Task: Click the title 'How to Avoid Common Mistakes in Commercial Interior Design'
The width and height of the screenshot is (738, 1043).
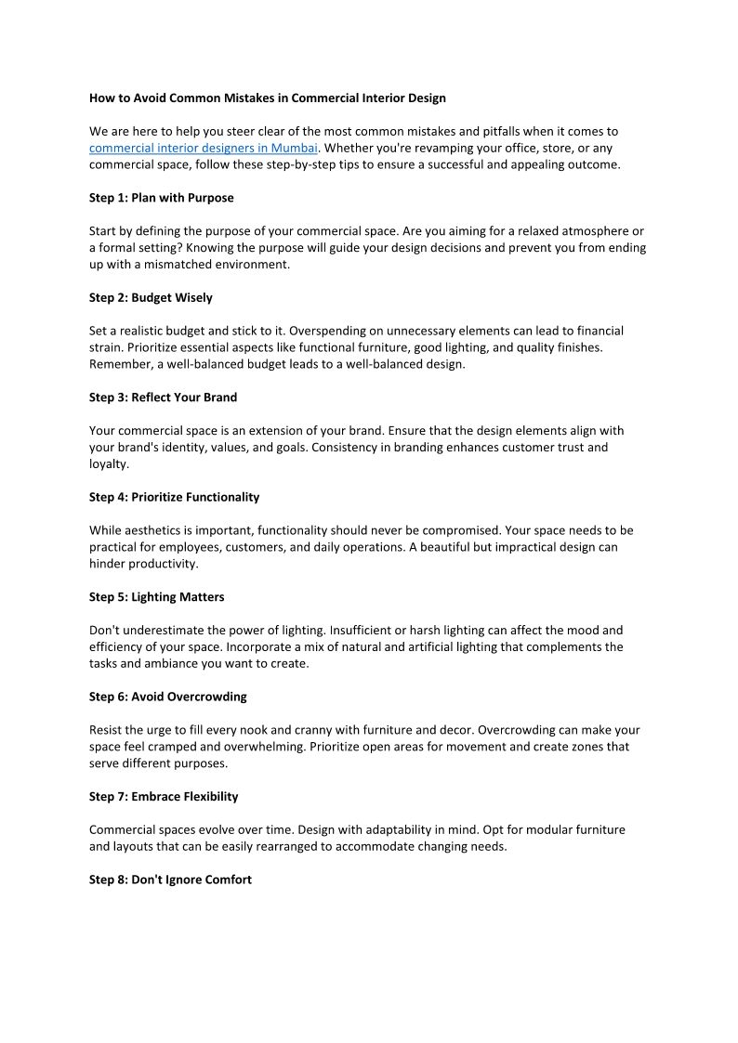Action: click(268, 98)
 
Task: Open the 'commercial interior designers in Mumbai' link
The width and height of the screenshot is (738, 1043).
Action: click(204, 148)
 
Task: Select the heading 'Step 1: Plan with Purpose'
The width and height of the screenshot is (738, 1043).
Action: click(162, 198)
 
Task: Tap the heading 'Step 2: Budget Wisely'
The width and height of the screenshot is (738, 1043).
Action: click(151, 297)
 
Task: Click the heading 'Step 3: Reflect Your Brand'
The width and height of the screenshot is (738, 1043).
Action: click(163, 397)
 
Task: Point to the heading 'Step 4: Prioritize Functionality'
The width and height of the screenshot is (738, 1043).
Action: click(174, 497)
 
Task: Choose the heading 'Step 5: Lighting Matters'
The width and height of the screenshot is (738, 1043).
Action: click(156, 596)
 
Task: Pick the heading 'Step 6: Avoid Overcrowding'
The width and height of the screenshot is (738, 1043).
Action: click(167, 696)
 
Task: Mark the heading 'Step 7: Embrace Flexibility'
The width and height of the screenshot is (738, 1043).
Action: click(164, 796)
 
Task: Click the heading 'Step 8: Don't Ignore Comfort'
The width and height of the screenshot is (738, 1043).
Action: click(170, 879)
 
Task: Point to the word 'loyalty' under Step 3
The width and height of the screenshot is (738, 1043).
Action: click(108, 463)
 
